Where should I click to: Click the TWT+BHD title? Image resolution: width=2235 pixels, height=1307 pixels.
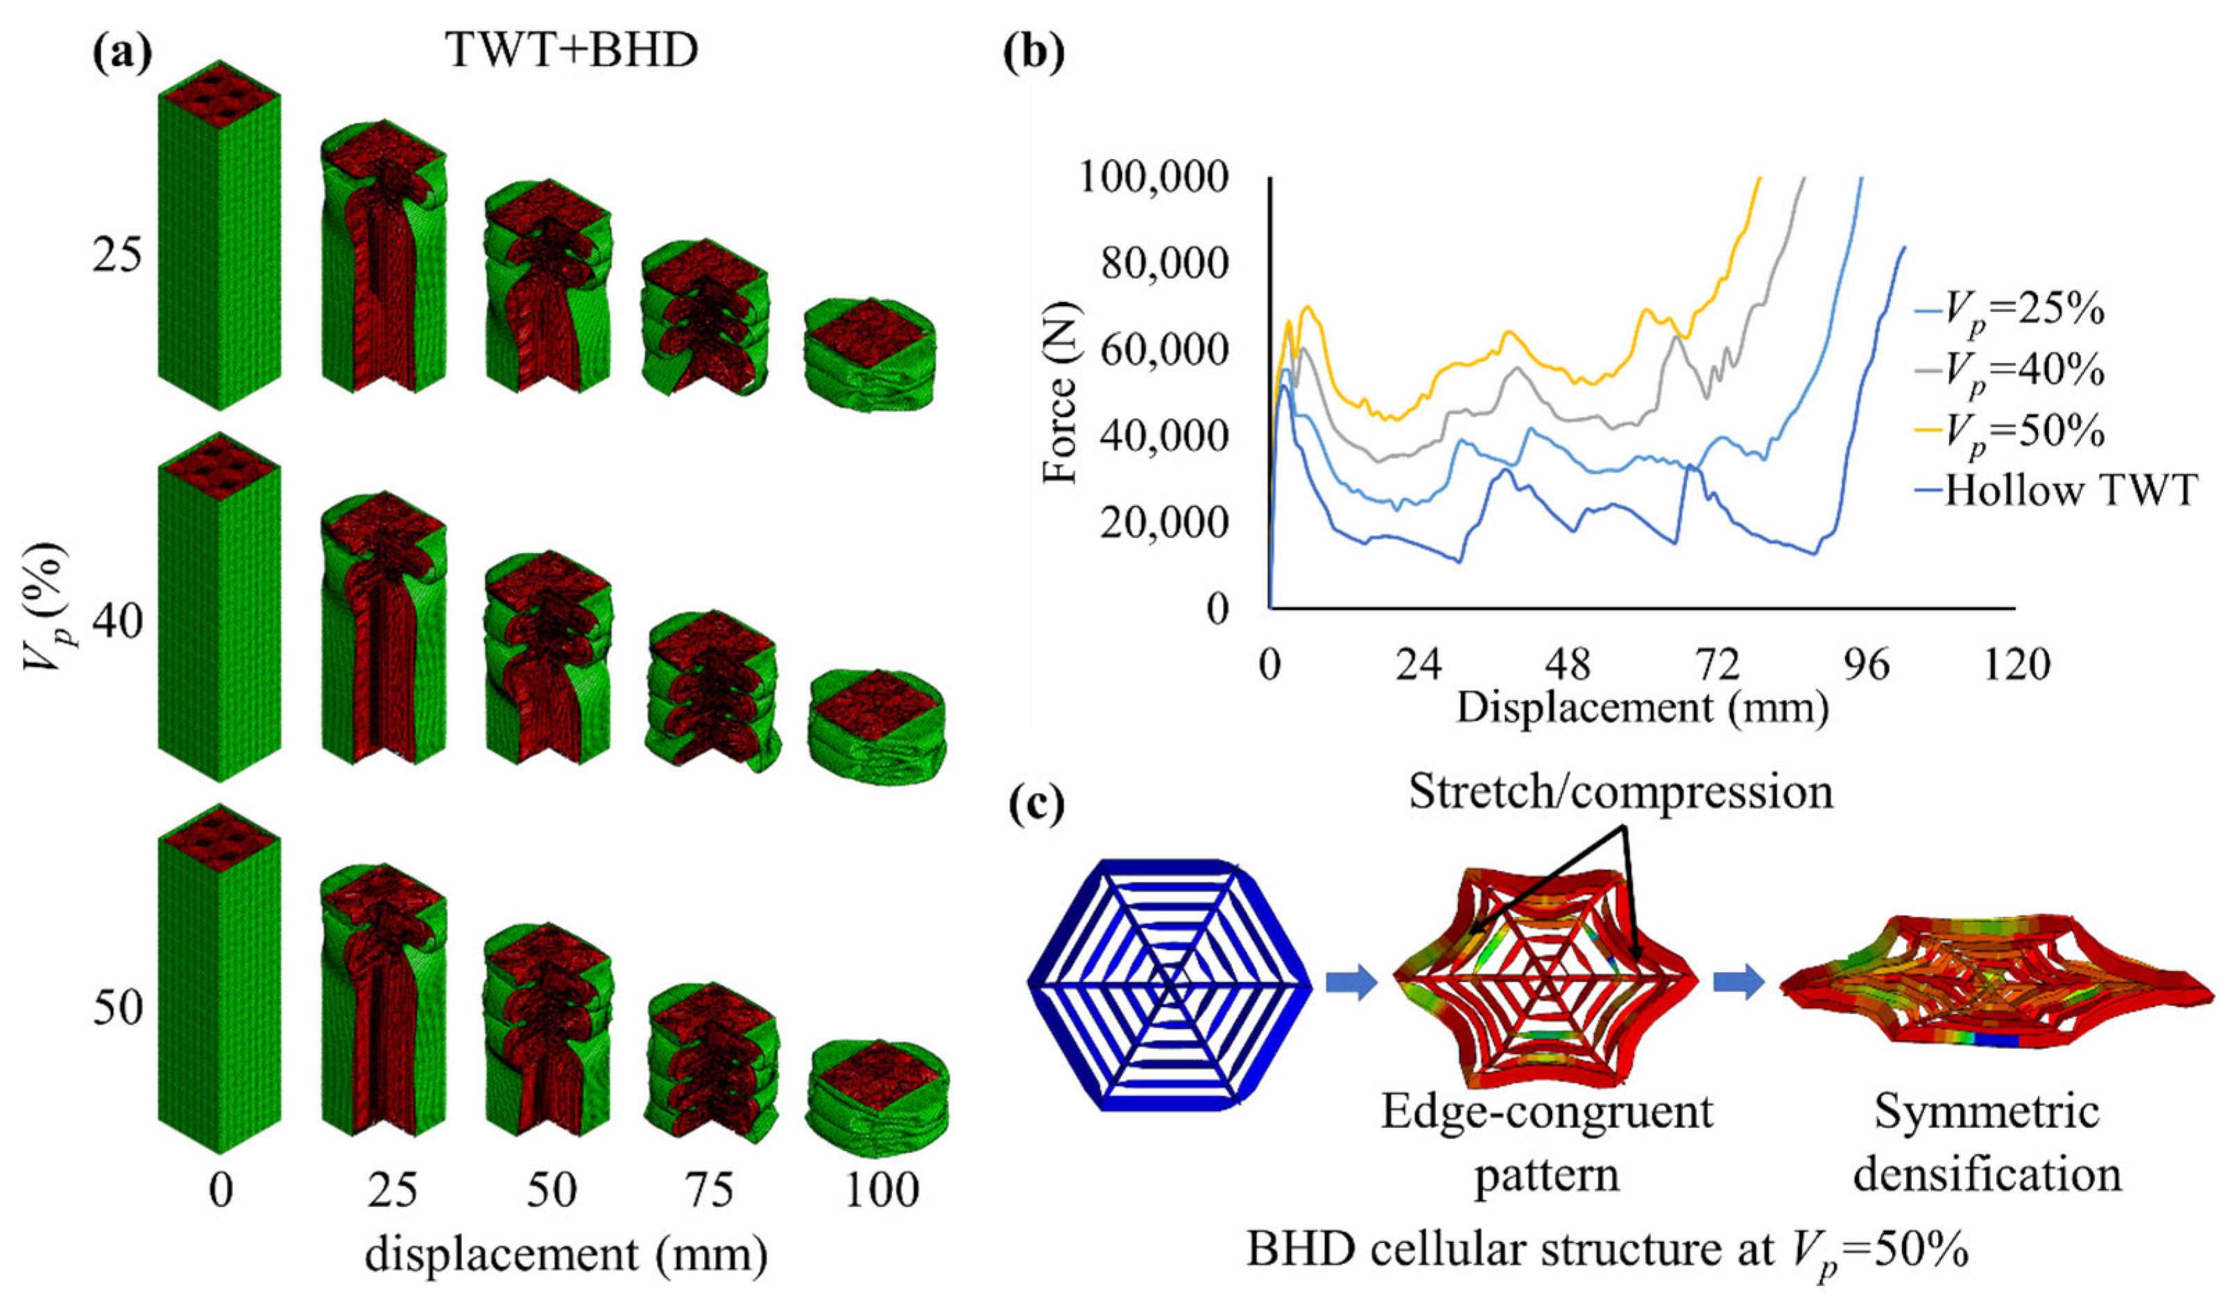tap(572, 51)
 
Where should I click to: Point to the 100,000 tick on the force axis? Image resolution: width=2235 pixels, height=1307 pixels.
tap(1154, 178)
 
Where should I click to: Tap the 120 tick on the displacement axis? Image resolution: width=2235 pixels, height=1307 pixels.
tap(2016, 664)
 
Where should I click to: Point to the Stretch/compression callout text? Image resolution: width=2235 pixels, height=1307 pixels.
tap(1621, 792)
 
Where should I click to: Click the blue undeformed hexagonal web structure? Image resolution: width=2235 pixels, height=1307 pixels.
tap(1169, 984)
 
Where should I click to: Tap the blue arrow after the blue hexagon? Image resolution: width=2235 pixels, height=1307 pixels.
tap(1351, 982)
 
